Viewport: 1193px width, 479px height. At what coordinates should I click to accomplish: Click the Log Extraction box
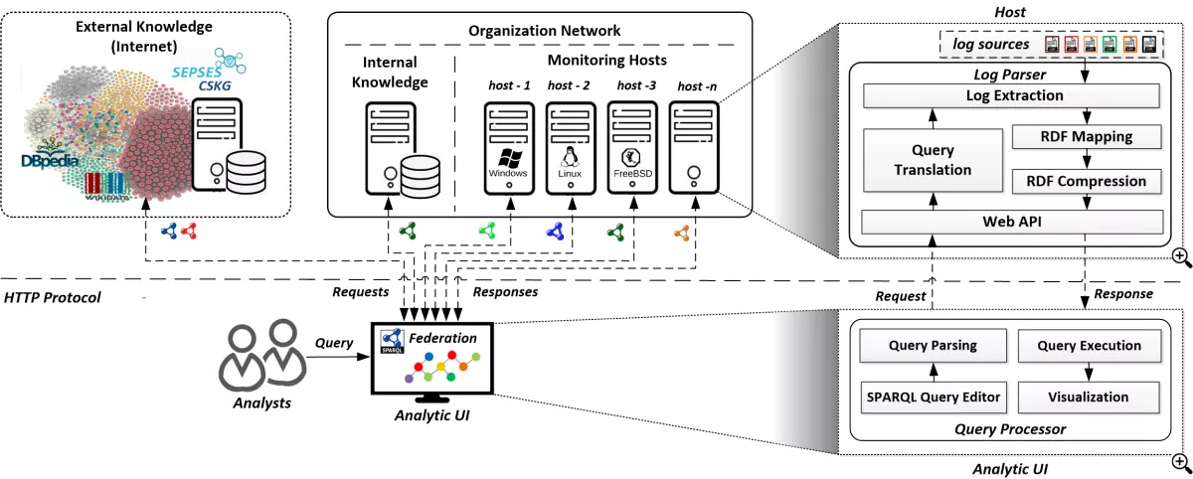point(1014,96)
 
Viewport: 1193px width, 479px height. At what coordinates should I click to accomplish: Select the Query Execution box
point(1089,346)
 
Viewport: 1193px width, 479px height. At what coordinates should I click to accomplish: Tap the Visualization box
point(1089,397)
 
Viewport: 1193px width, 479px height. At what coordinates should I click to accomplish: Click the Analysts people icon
point(261,354)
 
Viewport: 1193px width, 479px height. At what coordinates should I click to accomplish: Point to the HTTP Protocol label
point(53,297)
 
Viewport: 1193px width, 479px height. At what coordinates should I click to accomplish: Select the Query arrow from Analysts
point(335,358)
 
